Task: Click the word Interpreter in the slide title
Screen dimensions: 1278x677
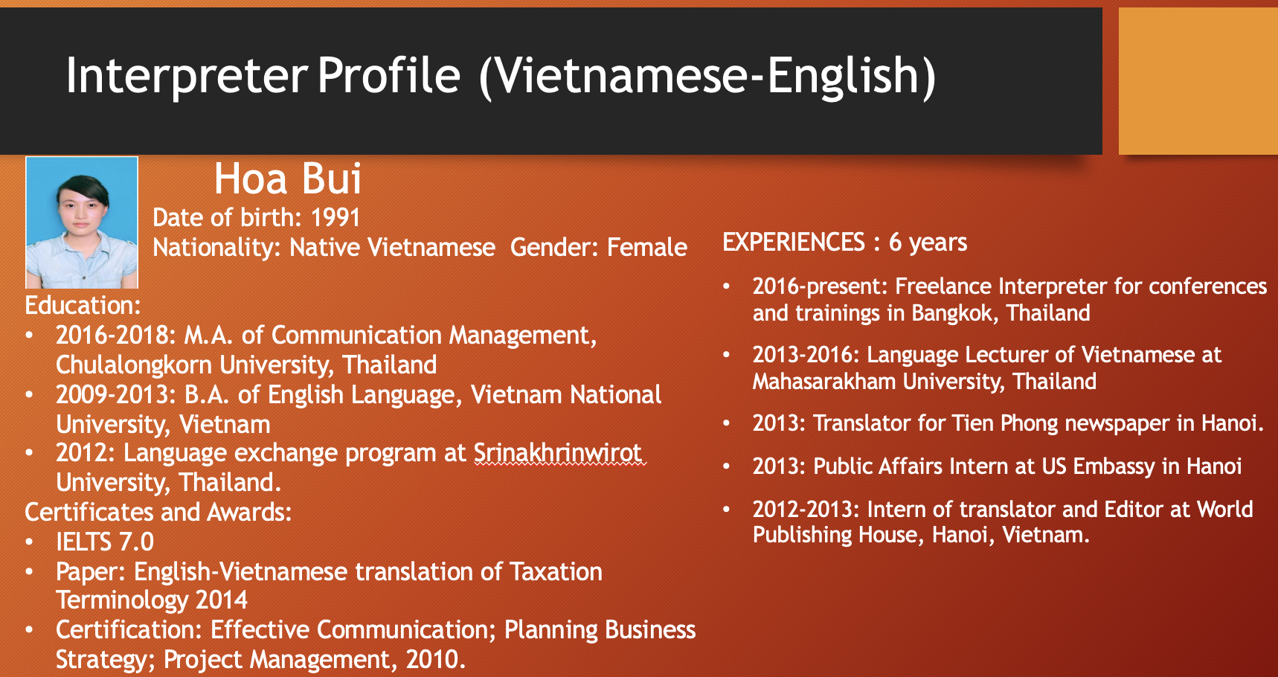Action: click(x=187, y=77)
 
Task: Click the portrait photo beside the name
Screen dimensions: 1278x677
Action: click(x=82, y=222)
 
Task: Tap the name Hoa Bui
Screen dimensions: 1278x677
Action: click(x=288, y=179)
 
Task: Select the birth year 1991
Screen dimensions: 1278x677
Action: click(x=335, y=217)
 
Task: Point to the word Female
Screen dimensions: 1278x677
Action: click(x=647, y=247)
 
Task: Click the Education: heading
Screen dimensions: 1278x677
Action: click(x=83, y=305)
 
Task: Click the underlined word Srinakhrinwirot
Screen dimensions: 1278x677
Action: click(x=558, y=452)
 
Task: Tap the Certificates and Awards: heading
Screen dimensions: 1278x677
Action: click(x=158, y=512)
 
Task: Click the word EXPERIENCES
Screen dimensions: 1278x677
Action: click(x=794, y=242)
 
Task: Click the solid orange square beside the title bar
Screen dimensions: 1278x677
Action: click(x=1198, y=81)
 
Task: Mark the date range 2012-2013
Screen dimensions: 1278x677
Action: click(x=806, y=510)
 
